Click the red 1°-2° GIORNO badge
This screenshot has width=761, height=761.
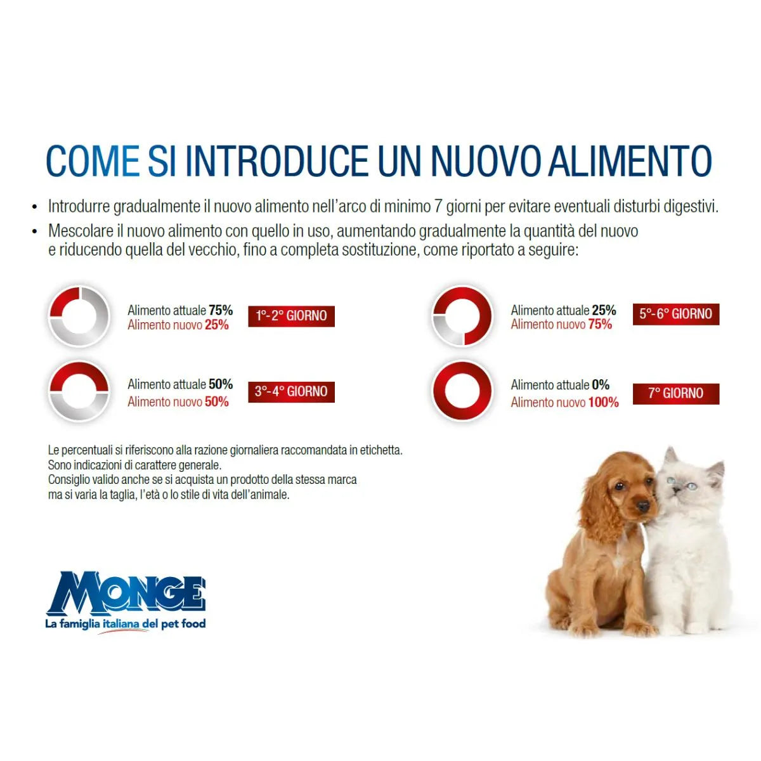[291, 316]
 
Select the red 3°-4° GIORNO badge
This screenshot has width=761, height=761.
[291, 392]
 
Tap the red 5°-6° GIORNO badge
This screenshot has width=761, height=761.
[675, 314]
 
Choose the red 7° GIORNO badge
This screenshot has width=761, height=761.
[675, 393]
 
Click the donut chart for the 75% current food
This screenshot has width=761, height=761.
[79, 316]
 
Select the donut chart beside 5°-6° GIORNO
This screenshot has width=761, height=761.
[462, 316]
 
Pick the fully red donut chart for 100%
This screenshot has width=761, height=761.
[462, 391]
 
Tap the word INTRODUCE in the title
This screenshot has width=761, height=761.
[276, 161]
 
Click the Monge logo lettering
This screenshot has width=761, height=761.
[126, 594]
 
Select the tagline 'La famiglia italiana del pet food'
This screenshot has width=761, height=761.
[126, 624]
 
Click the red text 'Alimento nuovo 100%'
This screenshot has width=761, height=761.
[564, 402]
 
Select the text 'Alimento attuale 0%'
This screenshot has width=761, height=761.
[560, 385]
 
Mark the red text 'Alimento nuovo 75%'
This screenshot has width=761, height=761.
[561, 325]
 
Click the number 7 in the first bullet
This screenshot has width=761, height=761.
[438, 207]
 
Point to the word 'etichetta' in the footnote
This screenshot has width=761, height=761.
[380, 450]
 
